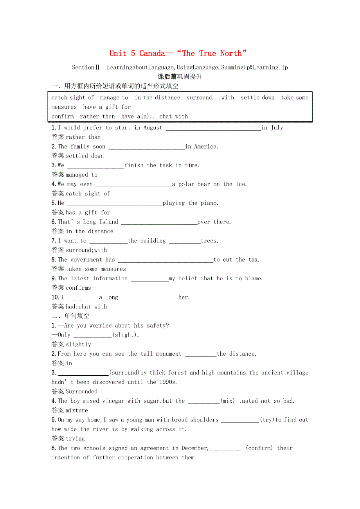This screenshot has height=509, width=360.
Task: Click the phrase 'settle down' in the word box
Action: pos(257,98)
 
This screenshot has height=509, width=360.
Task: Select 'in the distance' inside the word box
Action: pos(157,98)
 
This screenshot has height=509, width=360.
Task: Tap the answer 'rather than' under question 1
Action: pos(83,137)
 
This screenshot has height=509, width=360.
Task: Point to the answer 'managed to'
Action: pos(81,175)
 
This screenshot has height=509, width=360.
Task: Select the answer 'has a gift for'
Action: pos(88,213)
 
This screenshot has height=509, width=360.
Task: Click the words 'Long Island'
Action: pos(100,222)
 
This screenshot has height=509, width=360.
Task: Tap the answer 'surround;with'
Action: pos(86,250)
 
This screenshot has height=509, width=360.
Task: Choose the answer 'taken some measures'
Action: pos(96,269)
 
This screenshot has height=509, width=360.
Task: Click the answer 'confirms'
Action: pos(78,288)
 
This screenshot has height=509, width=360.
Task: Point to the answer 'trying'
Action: pos(75,439)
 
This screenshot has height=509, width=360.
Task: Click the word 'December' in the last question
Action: pos(194,448)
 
